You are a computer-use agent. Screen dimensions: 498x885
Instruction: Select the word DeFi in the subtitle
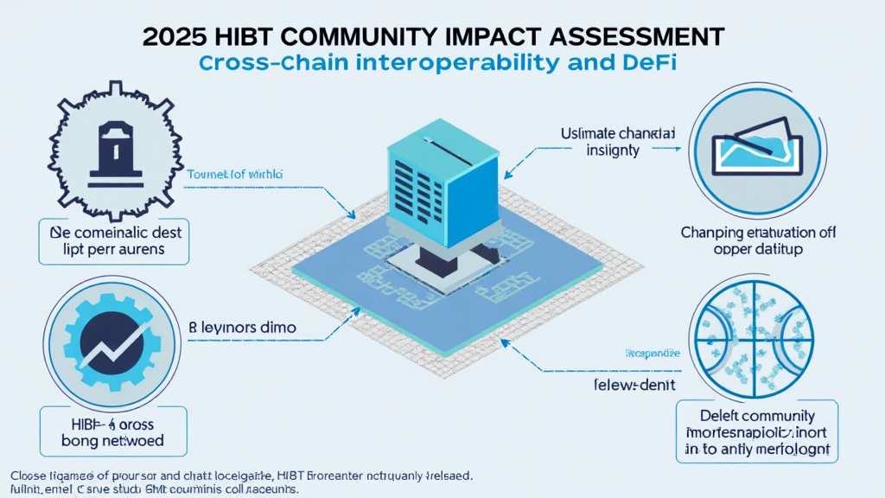(655, 63)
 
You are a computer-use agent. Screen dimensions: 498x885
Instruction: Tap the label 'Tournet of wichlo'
(235, 175)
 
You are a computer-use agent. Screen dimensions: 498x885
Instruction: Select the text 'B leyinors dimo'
(242, 329)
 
